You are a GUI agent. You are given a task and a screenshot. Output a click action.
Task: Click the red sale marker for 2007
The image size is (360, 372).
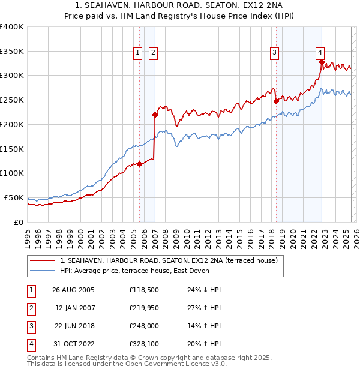pyautogui.click(x=155, y=114)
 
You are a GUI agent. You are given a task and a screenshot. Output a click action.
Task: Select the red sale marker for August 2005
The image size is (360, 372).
pyautogui.click(x=140, y=164)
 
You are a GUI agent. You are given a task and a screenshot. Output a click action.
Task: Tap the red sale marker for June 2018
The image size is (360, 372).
pyautogui.click(x=276, y=101)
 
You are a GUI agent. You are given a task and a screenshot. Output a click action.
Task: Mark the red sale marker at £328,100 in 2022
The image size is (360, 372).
pyautogui.click(x=322, y=62)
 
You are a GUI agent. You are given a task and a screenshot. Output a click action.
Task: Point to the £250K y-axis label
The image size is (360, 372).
pyautogui.click(x=12, y=100)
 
